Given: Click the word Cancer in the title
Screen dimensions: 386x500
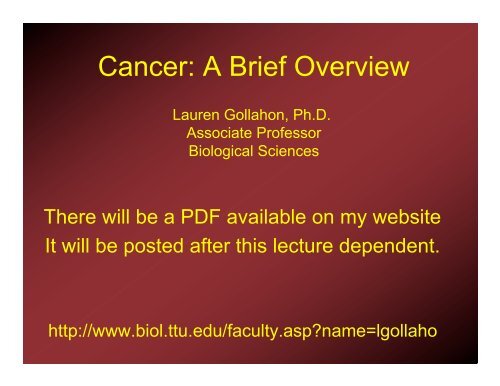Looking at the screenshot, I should (x=134, y=70).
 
